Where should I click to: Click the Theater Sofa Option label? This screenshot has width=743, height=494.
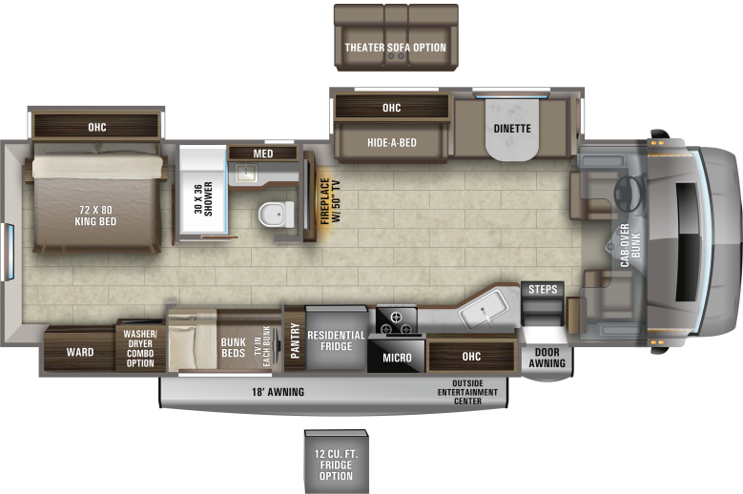(x=395, y=48)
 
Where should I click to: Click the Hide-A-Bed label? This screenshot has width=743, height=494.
(x=391, y=143)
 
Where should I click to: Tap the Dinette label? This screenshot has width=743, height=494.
(x=512, y=128)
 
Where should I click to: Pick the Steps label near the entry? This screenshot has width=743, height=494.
(x=542, y=290)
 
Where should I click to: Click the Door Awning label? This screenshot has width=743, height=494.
(x=547, y=358)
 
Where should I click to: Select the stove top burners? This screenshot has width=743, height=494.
(x=398, y=320)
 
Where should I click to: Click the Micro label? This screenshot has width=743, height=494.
(x=396, y=358)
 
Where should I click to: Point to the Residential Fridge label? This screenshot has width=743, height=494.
(x=336, y=340)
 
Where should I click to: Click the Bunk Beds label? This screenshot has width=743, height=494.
(x=233, y=341)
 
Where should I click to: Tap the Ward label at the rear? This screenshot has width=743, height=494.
(x=80, y=352)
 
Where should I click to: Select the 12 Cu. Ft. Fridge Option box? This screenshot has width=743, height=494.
(x=336, y=463)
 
